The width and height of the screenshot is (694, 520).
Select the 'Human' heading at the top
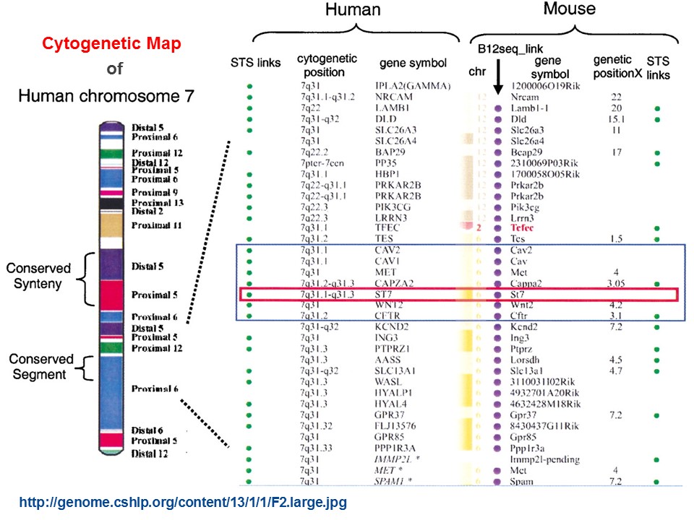point(351,10)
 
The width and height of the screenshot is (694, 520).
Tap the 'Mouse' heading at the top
point(569,9)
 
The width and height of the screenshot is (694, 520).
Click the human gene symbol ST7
point(386,295)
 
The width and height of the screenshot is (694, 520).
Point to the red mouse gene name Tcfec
point(526,228)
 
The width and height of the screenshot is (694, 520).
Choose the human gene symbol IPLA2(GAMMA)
point(414,86)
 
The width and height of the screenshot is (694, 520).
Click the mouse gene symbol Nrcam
point(525,97)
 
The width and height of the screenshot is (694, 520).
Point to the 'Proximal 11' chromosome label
point(157,226)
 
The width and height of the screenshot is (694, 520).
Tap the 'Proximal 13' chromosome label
point(157,202)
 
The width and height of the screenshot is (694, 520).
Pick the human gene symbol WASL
point(390,382)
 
